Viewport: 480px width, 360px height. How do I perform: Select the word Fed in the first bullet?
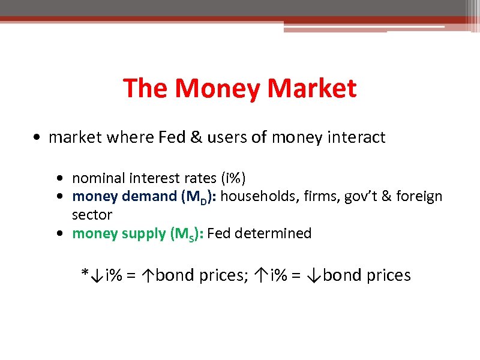pyautogui.click(x=171, y=137)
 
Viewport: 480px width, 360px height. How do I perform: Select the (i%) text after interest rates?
pyautogui.click(x=232, y=178)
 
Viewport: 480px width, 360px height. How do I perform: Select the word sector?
pyautogui.click(x=92, y=214)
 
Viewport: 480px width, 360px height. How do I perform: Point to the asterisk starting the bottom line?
pyautogui.click(x=85, y=274)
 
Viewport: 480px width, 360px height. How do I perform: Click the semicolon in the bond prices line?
pyautogui.click(x=247, y=277)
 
